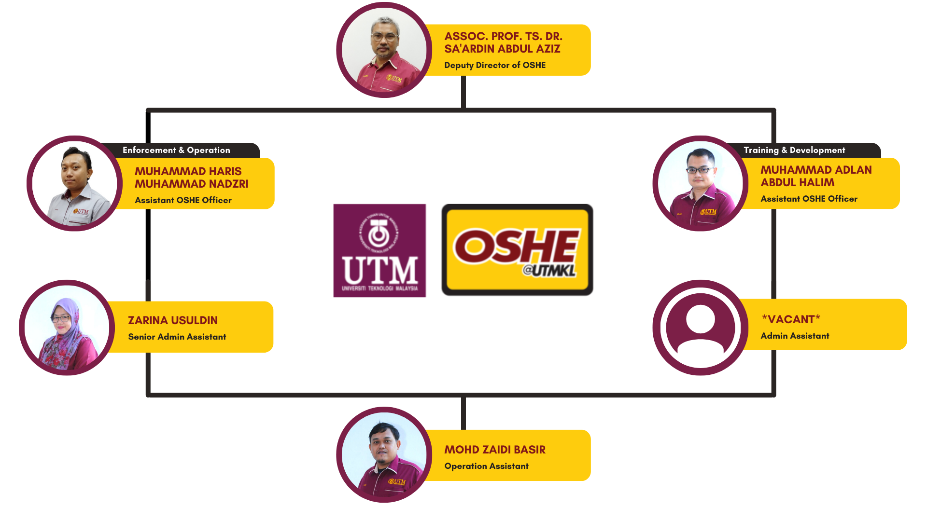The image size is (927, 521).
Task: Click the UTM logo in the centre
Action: [379, 250]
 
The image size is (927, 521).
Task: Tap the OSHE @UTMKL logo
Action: [517, 250]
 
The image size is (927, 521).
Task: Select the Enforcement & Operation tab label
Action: [176, 150]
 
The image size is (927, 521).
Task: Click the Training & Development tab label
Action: [794, 150]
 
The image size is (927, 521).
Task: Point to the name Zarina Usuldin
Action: [173, 320]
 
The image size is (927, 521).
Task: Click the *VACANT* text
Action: [791, 319]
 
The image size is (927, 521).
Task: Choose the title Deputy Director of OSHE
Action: [495, 65]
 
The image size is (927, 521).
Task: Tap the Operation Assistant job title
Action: [486, 466]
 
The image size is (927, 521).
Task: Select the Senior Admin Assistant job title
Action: [177, 337]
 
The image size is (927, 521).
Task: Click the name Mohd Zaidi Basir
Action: [495, 450]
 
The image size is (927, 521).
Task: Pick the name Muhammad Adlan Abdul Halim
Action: [816, 176]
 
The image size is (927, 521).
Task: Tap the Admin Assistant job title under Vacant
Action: [795, 336]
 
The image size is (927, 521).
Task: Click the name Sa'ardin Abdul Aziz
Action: [502, 49]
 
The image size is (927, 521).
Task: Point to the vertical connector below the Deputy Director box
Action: [463, 92]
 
